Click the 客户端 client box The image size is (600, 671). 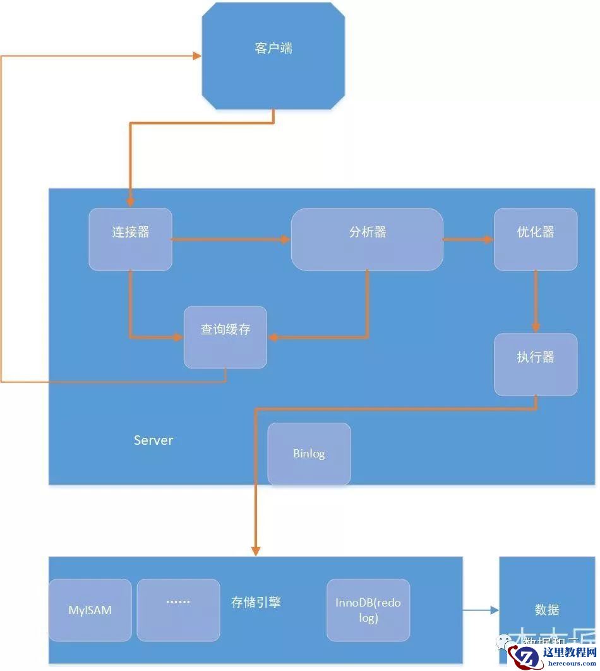(x=273, y=55)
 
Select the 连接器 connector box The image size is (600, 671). (x=130, y=239)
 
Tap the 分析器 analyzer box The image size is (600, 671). (x=367, y=239)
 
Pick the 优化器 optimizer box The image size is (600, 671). (x=535, y=239)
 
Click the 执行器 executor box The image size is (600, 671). (x=535, y=364)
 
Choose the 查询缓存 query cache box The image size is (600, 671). (x=225, y=337)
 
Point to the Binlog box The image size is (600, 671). (x=309, y=454)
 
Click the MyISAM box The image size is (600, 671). (x=90, y=610)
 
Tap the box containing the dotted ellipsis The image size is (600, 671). (x=178, y=609)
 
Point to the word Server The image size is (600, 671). (x=153, y=440)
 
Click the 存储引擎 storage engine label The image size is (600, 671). (x=256, y=602)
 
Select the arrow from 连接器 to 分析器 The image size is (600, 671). (x=231, y=239)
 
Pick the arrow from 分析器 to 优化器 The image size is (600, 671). (x=468, y=239)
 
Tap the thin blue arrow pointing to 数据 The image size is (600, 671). (x=481, y=610)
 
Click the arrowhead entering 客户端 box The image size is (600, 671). (x=196, y=56)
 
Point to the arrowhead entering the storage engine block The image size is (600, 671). (x=255, y=550)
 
